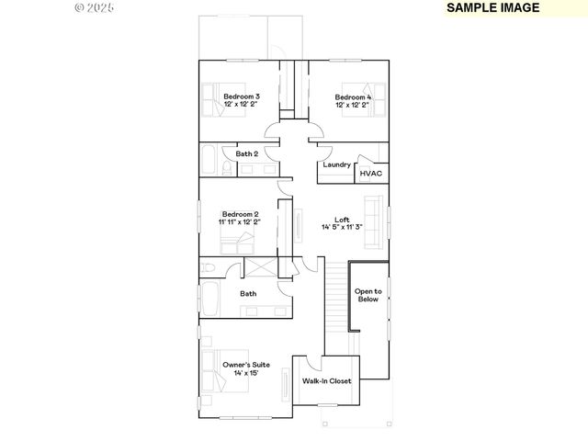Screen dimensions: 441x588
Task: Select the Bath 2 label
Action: click(x=246, y=154)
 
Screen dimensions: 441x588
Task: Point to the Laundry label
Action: click(x=336, y=164)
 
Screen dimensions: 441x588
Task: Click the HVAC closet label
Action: click(x=370, y=173)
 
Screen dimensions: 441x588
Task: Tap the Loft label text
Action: click(x=342, y=220)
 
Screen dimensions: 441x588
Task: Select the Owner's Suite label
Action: click(x=246, y=365)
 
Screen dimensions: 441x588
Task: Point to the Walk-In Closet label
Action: click(x=327, y=380)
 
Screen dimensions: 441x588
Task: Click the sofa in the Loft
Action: click(x=374, y=221)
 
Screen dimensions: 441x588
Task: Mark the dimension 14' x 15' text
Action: click(x=246, y=374)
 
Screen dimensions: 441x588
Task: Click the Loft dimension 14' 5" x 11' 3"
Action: click(x=342, y=228)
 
